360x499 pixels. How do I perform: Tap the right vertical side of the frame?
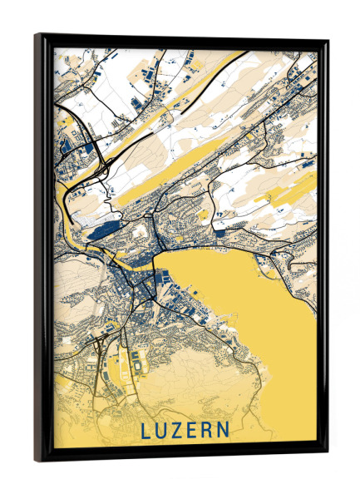pos(323,249)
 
